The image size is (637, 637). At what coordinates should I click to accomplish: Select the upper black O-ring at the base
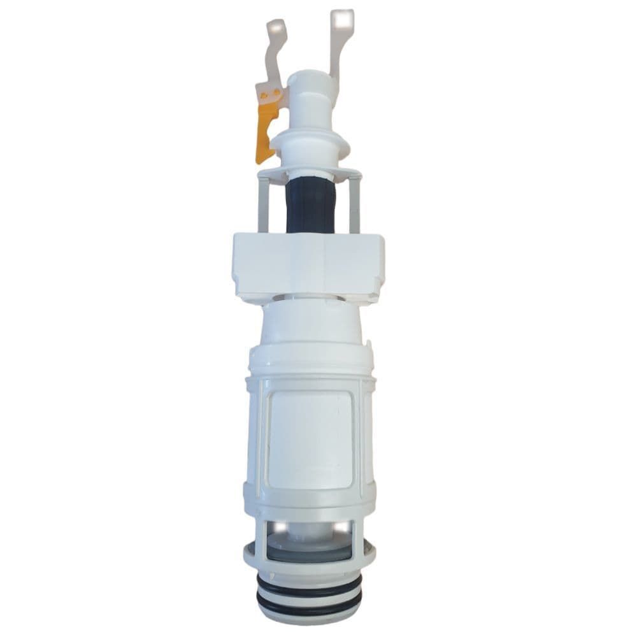(309, 582)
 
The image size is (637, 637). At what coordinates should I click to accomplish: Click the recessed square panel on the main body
(310, 440)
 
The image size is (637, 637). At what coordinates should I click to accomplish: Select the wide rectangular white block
(309, 264)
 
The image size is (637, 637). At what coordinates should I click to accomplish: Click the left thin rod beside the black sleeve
(263, 204)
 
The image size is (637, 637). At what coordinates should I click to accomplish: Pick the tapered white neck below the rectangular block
(310, 322)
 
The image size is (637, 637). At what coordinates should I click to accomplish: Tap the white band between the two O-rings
(309, 590)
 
